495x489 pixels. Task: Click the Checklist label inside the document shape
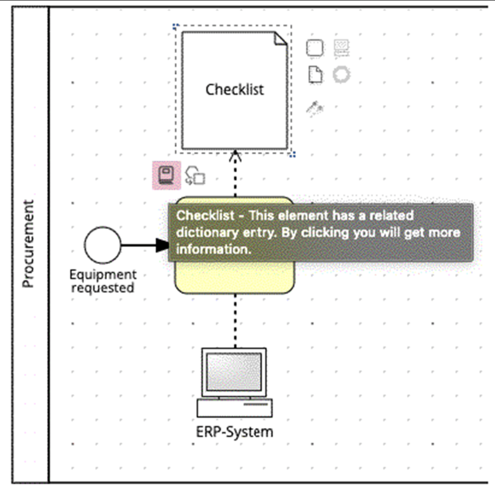pos(234,89)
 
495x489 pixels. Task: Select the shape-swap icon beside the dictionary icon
pos(195,176)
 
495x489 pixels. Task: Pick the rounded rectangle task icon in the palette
pos(315,48)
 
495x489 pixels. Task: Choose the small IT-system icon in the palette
pos(342,48)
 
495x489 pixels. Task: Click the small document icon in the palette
pos(315,75)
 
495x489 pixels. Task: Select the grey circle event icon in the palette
pos(342,75)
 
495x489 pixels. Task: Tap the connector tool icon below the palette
pos(315,108)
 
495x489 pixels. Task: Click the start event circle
pos(102,245)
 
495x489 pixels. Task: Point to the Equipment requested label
pos(103,281)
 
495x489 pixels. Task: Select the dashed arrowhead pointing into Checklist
pos(235,157)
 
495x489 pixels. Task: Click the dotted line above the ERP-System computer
pos(235,320)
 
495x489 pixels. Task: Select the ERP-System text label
pos(235,432)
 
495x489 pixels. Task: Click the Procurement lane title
pos(29,244)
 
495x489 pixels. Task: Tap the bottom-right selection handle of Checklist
pos(293,155)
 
